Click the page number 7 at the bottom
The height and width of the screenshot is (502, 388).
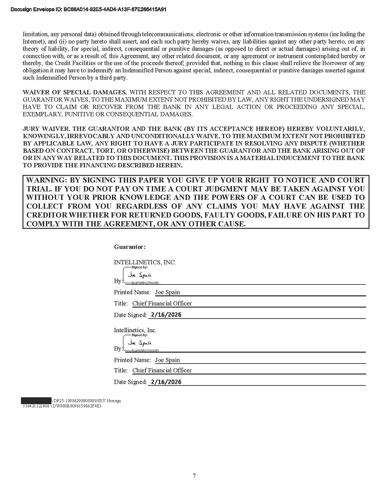(x=194, y=476)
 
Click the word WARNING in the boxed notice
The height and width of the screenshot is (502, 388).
(x=44, y=180)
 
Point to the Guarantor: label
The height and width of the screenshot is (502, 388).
(x=129, y=247)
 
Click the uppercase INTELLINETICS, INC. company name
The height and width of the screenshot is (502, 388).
(x=145, y=262)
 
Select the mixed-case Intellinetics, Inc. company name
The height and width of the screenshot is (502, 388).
(x=135, y=330)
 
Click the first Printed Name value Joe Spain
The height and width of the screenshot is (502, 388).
(x=167, y=292)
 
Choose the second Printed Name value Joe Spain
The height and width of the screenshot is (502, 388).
(x=167, y=360)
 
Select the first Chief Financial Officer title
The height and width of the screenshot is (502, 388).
(x=162, y=303)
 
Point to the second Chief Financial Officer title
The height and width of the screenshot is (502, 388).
(x=162, y=370)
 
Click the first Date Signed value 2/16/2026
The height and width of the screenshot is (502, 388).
(x=166, y=315)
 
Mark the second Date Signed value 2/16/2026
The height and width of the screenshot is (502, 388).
(x=166, y=382)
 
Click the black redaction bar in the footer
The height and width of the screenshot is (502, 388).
(x=36, y=401)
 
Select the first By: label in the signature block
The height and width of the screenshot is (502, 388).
(x=118, y=281)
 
